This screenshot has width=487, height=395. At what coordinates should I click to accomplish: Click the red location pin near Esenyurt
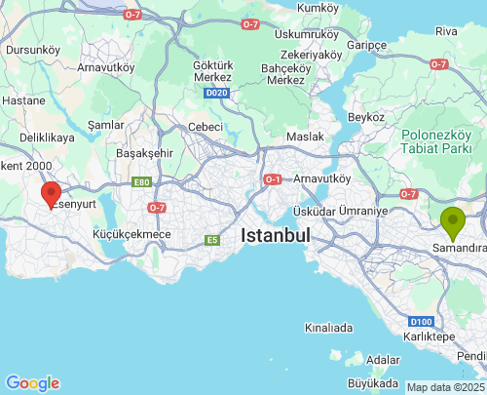pos(51,194)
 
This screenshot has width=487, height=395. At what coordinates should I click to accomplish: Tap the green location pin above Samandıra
pos(452,222)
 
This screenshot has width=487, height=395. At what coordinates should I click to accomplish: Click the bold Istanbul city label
pos(275,236)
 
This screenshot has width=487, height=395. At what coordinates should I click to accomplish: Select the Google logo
pos(32,383)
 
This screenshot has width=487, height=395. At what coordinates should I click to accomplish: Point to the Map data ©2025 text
pos(445,387)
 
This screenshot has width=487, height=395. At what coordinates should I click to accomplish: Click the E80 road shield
pos(143,181)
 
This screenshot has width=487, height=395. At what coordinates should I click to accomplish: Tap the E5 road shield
pos(210,240)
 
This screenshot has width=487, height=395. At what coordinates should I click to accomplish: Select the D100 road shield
pos(421,321)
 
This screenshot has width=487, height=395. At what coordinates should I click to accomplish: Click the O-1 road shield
pos(273,179)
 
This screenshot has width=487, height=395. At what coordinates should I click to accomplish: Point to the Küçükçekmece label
pos(131,234)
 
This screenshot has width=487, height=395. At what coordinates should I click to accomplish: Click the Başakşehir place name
pos(144,154)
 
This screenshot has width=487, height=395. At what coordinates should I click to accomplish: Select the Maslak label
pos(305,136)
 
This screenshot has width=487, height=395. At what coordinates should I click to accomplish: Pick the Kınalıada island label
pos(327,328)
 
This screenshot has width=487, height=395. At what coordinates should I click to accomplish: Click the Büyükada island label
pos(374,383)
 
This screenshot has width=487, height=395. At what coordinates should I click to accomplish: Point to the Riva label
pos(446,31)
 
